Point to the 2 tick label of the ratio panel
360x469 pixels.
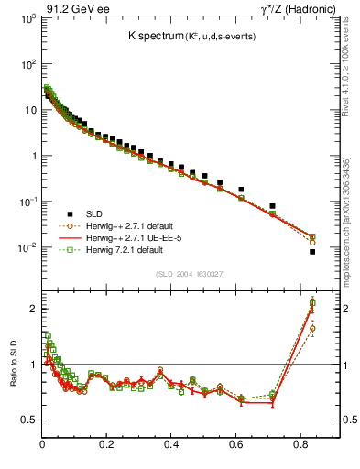tap(33, 309)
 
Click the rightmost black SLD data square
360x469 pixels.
tap(312, 252)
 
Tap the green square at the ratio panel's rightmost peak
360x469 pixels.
tap(312, 304)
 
